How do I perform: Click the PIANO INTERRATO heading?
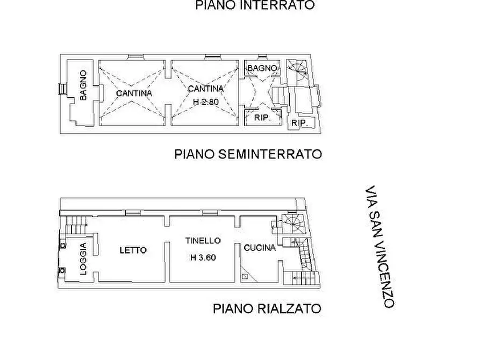255,6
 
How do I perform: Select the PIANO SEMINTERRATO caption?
248,154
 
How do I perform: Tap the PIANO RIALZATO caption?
267,308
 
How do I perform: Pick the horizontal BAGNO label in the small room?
262,68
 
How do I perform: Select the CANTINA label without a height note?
134,93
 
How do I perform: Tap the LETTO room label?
133,250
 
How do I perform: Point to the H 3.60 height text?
203,257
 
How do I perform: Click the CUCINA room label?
260,248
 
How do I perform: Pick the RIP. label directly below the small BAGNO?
261,118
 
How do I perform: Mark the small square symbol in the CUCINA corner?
245,277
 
